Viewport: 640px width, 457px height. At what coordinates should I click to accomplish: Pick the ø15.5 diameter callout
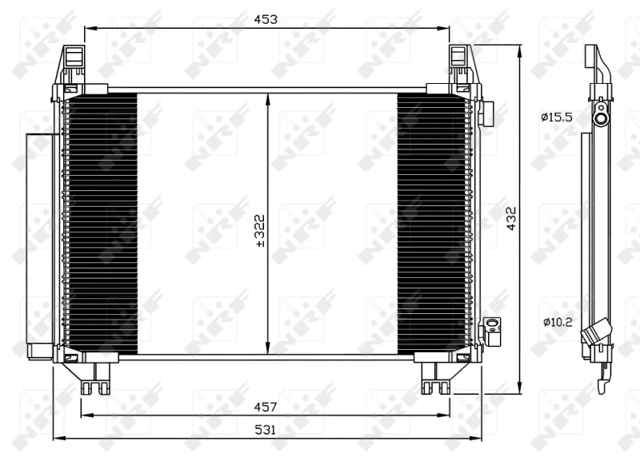point(556,117)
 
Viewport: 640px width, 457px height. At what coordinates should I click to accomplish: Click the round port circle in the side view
point(600,118)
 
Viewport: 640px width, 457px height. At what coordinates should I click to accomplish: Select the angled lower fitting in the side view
point(597,332)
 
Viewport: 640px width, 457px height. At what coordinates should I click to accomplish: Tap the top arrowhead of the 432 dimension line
point(521,50)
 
